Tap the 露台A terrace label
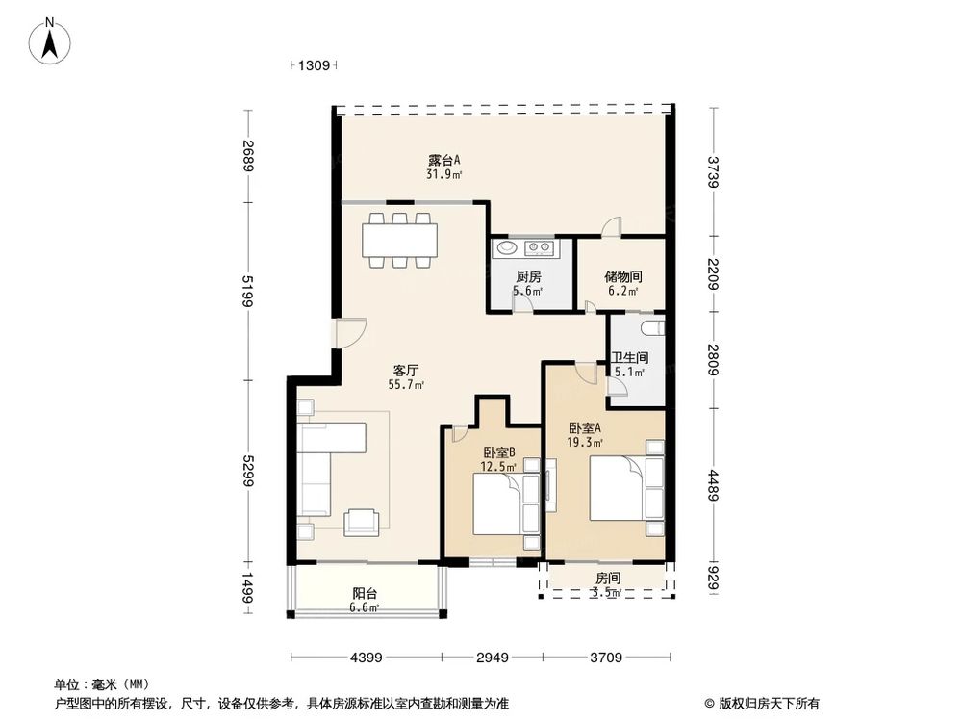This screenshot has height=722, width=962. (x=443, y=161)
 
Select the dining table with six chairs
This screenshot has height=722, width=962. (x=399, y=240)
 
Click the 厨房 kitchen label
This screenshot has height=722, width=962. (x=527, y=276)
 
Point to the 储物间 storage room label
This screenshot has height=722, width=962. (x=622, y=276)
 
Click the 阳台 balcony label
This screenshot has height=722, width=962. (x=365, y=594)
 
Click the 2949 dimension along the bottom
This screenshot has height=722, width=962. (x=493, y=658)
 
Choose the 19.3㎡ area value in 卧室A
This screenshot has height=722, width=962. (x=585, y=443)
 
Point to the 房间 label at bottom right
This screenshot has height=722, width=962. (x=608, y=578)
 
